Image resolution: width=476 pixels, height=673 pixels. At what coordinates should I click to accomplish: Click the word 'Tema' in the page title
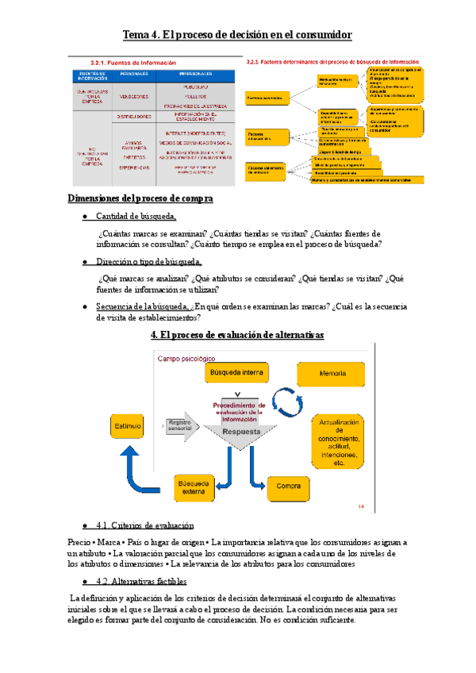[x=138, y=35]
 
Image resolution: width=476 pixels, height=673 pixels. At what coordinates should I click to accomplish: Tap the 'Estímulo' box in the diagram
[x=129, y=426]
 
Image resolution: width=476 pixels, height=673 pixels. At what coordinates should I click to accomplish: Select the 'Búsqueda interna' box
[x=235, y=372]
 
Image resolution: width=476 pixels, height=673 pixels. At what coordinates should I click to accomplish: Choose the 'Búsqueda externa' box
[x=194, y=486]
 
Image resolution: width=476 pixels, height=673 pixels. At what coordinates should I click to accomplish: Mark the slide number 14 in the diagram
[x=361, y=506]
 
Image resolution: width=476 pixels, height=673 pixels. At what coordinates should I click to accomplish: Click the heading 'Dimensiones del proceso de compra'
[x=140, y=199]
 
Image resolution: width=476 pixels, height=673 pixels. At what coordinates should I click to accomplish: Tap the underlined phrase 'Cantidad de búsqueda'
[x=136, y=217]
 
